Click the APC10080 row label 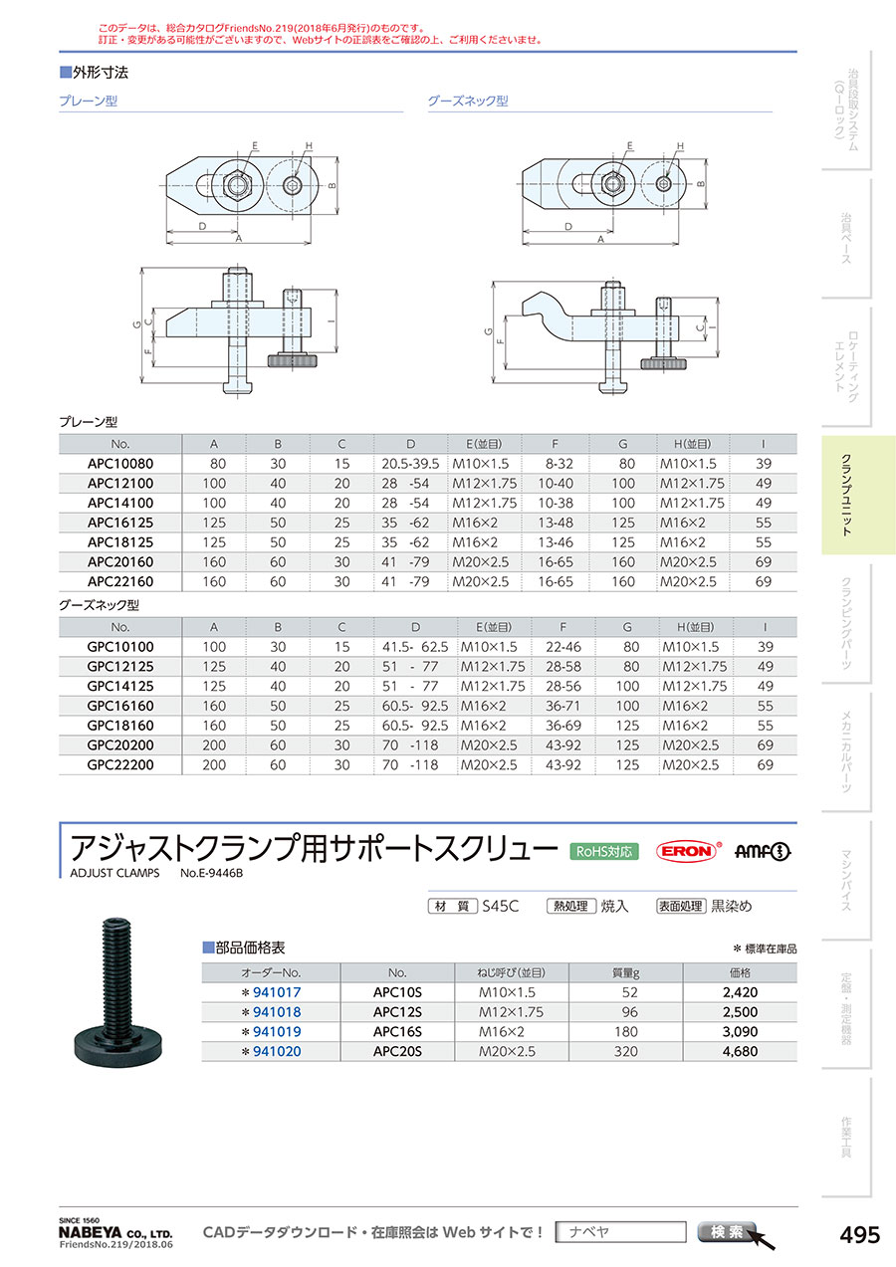pos(119,464)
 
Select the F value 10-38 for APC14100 pos(555,503)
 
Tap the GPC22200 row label pos(119,764)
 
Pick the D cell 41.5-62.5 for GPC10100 pos(414,647)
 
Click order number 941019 pos(277,1032)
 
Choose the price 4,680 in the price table pos(740,1051)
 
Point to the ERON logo pos(688,851)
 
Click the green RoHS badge pos(604,851)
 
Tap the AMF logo pos(762,851)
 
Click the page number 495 pos(860,1234)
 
